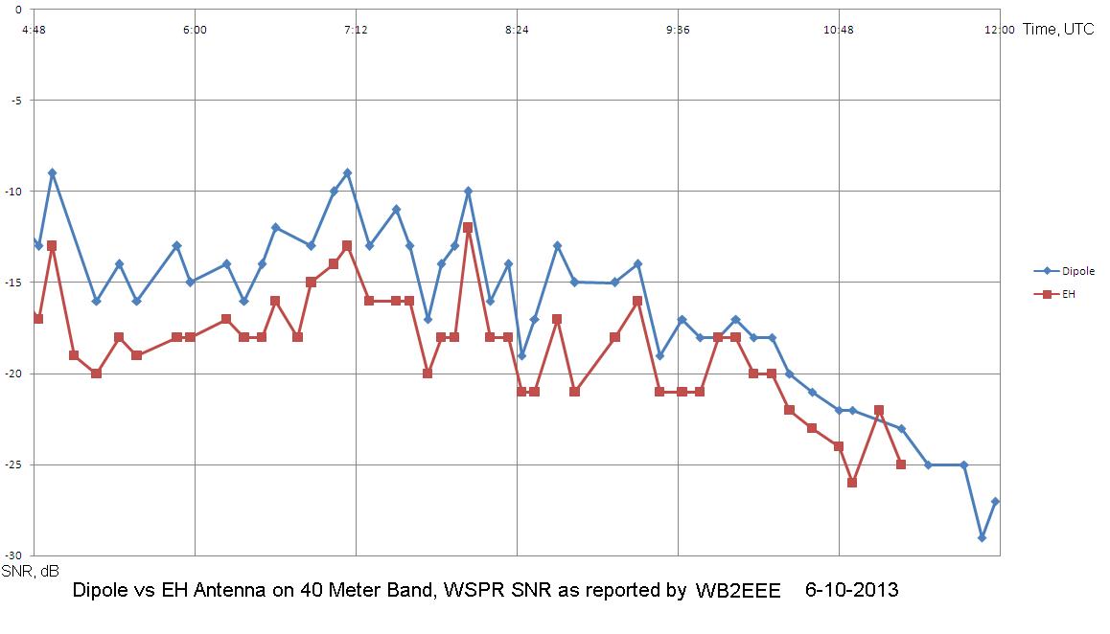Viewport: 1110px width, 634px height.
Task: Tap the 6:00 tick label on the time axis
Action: point(195,31)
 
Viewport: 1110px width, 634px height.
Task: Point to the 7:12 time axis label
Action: point(356,31)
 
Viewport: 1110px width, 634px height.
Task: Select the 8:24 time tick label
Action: point(517,31)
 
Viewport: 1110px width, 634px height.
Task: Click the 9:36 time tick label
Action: point(678,31)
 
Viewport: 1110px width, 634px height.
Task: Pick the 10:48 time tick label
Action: point(838,31)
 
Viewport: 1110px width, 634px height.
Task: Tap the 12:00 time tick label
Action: point(999,31)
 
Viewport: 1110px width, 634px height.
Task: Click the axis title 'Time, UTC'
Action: point(1058,30)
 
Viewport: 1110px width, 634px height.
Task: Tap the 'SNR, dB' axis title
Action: point(31,571)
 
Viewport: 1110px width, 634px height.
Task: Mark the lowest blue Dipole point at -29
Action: point(982,537)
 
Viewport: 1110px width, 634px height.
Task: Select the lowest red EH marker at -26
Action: point(852,483)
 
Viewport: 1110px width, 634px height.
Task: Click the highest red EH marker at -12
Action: point(468,228)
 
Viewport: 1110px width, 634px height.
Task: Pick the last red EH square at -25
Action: point(901,464)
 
